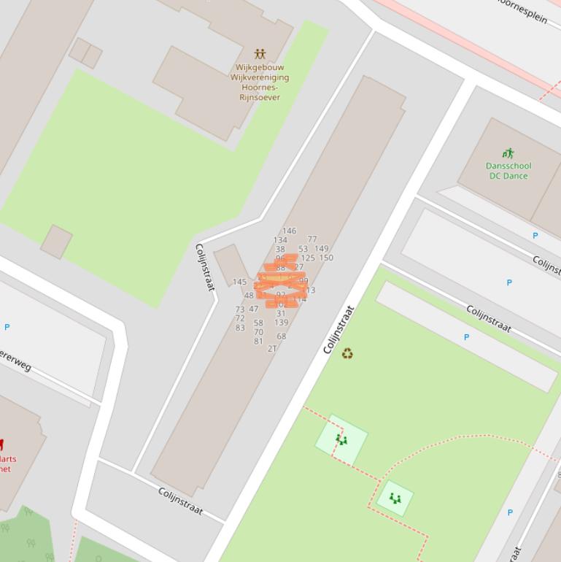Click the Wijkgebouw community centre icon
point(260,54)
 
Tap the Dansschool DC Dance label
point(509,171)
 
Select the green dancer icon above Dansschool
point(508,153)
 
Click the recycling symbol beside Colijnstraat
point(347,354)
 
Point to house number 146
point(290,231)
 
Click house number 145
point(239,282)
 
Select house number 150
point(326,258)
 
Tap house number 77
point(312,239)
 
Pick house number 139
point(281,323)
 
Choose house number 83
point(240,328)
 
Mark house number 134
point(280,240)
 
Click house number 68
point(282,336)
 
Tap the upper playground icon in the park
point(341,439)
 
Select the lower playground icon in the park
point(395,499)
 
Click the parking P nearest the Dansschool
point(535,236)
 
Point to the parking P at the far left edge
point(7,327)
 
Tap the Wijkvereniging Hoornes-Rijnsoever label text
point(260,82)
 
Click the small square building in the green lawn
point(56,241)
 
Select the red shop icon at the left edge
point(1,444)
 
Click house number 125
point(308,258)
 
